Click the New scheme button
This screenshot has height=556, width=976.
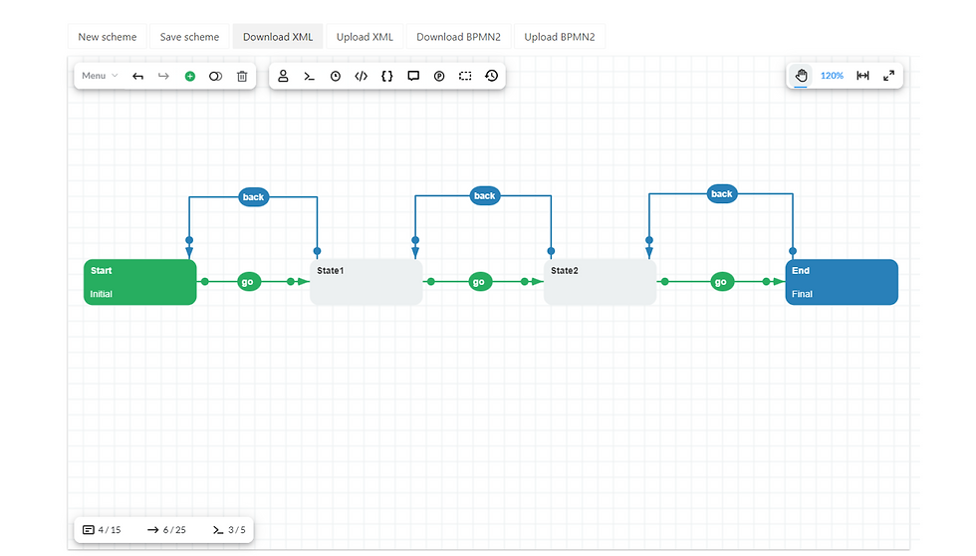pos(108,37)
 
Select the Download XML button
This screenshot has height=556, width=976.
pos(278,37)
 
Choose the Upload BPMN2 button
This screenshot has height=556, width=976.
pos(559,37)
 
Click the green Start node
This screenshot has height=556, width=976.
pos(140,282)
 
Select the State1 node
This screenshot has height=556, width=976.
pos(366,282)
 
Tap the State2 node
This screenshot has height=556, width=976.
pos(600,282)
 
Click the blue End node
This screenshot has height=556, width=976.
pos(842,282)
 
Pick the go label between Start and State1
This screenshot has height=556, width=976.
pos(248,282)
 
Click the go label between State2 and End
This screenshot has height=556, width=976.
pos(721,282)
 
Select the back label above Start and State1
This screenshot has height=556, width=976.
pos(253,197)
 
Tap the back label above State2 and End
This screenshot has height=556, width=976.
pos(722,194)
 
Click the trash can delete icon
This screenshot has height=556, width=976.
pos(242,76)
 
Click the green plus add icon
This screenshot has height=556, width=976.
pos(190,76)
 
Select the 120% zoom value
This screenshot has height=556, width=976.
pos(832,76)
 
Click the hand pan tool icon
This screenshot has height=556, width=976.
pos(801,76)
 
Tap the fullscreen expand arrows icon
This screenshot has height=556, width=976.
pos(888,76)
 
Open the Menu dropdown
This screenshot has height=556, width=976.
pos(100,76)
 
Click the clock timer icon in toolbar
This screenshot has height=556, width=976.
pos(336,76)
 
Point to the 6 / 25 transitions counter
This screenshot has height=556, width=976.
pos(167,530)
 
